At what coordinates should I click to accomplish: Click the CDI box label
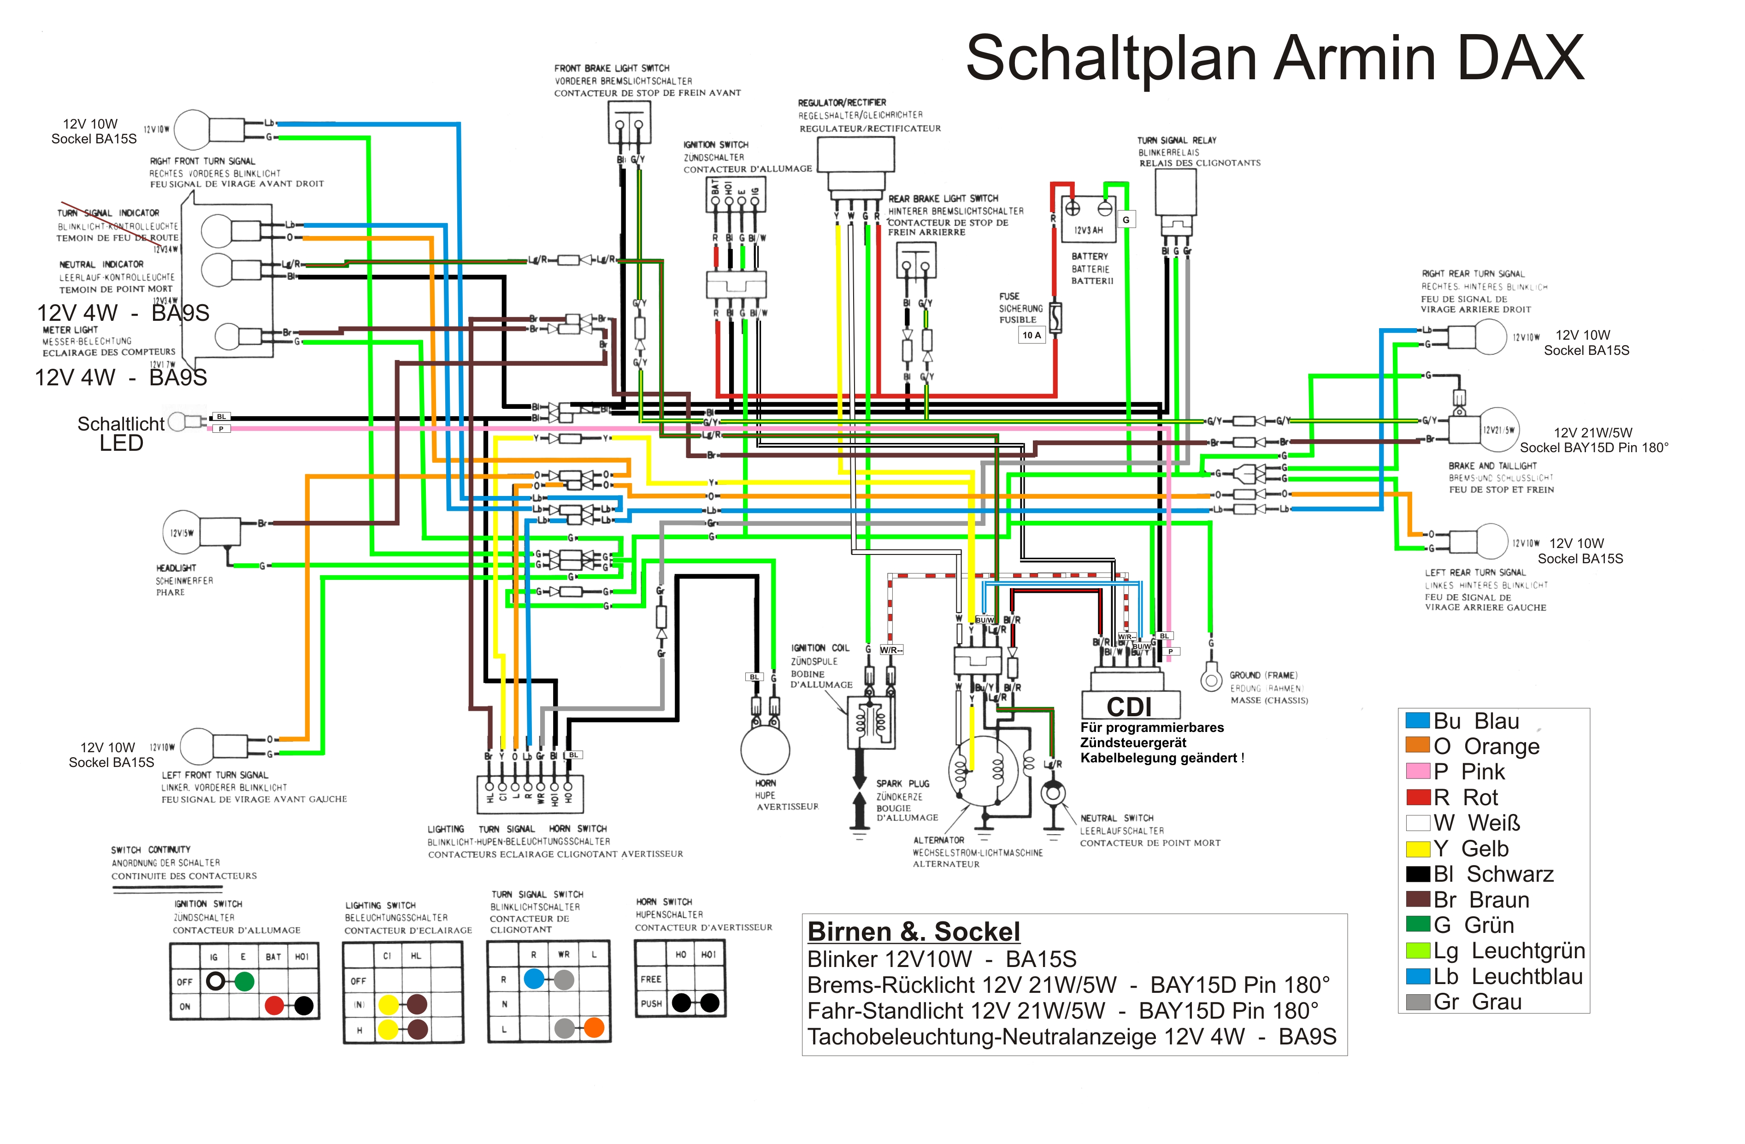[1130, 707]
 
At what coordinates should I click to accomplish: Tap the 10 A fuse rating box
[1032, 335]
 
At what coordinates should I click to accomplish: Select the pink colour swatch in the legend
[1417, 771]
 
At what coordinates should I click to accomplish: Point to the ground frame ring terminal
[1210, 678]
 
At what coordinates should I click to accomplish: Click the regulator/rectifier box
[855, 154]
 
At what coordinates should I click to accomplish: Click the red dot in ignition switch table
[274, 1005]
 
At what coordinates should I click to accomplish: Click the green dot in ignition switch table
[244, 981]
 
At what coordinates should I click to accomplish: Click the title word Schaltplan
[1111, 59]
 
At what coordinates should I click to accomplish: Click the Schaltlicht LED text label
[121, 433]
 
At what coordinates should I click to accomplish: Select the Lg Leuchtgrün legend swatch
[1417, 950]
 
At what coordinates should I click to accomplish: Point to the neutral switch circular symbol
[1053, 793]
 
